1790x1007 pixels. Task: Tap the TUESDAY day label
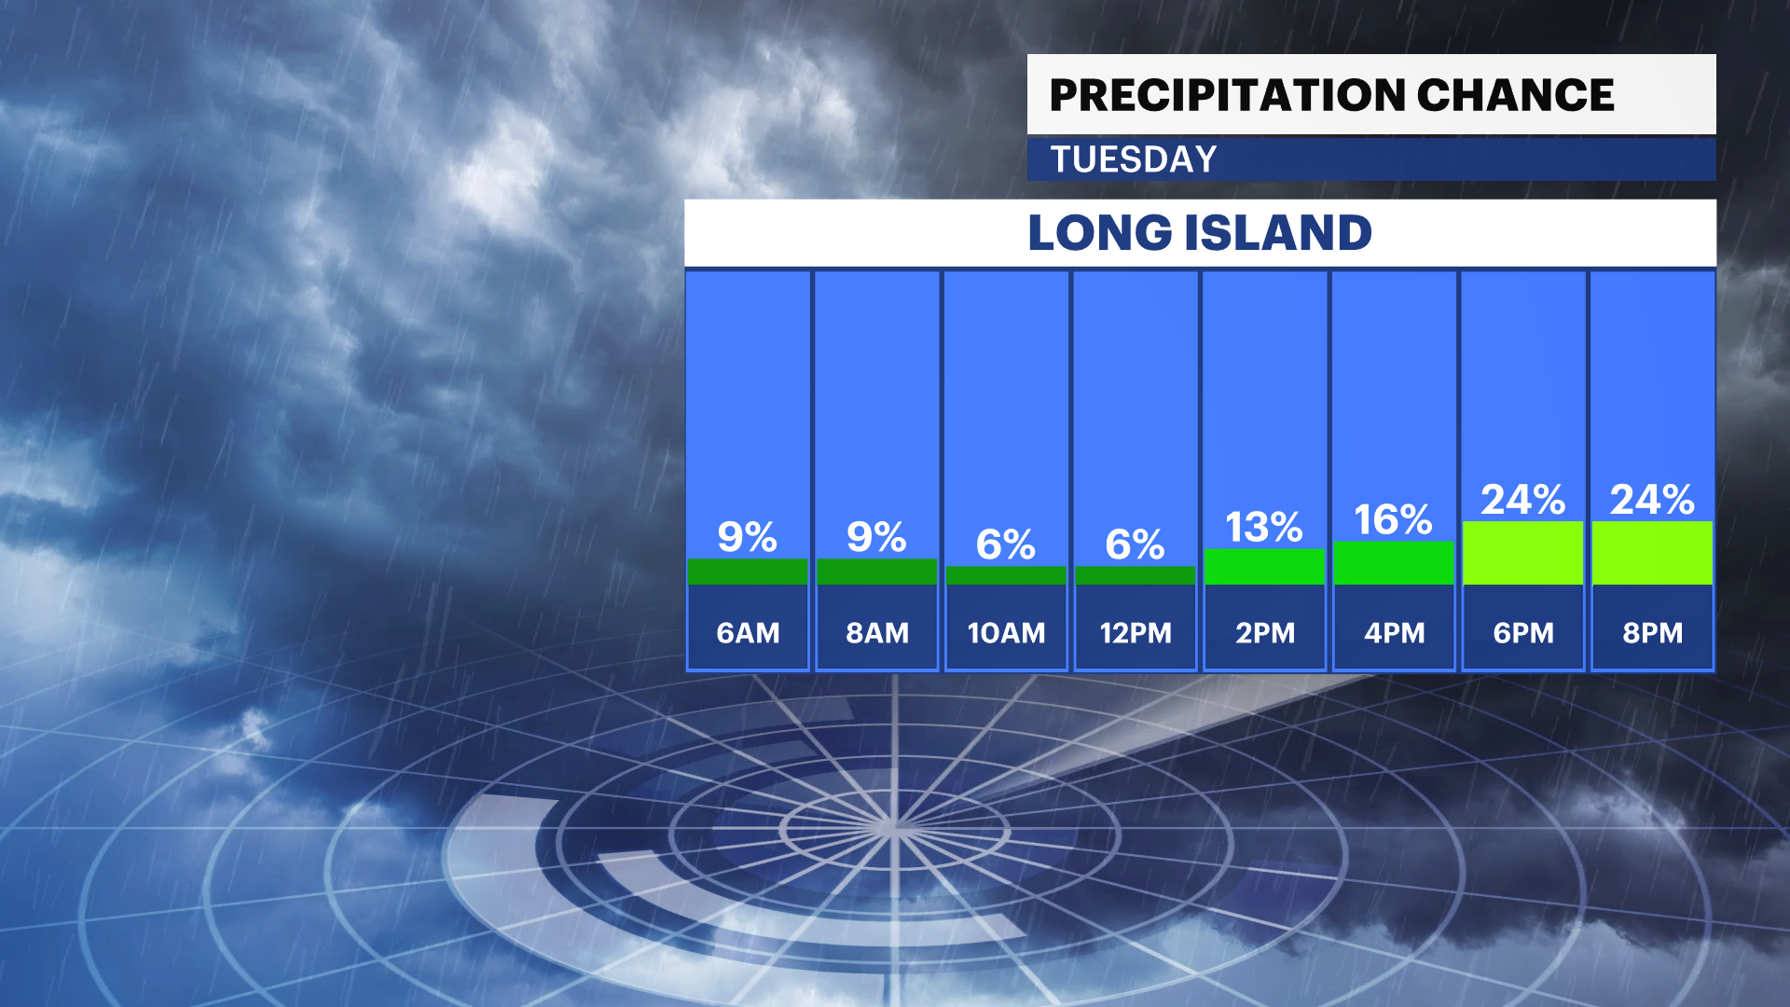(x=1134, y=159)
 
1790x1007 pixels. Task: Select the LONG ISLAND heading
(x=1200, y=232)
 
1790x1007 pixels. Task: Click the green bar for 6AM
(x=748, y=572)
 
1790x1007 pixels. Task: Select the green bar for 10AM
(x=1006, y=575)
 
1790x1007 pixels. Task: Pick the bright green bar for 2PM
(x=1264, y=567)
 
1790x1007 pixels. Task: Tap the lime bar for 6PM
(x=1523, y=553)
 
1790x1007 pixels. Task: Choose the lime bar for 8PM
(x=1652, y=553)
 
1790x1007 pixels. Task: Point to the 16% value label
(x=1393, y=519)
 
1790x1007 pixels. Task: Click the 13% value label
(x=1264, y=527)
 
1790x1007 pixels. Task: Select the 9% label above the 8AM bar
(x=876, y=537)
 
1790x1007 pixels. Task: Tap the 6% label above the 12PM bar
(x=1135, y=545)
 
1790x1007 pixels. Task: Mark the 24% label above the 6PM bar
(x=1523, y=500)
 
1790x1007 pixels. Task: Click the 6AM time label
(x=748, y=633)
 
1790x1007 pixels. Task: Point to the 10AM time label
(x=1006, y=633)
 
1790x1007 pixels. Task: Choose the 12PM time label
(x=1135, y=633)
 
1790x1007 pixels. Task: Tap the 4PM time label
(x=1394, y=633)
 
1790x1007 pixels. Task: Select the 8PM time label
(x=1652, y=633)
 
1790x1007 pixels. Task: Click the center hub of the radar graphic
(x=893, y=826)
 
